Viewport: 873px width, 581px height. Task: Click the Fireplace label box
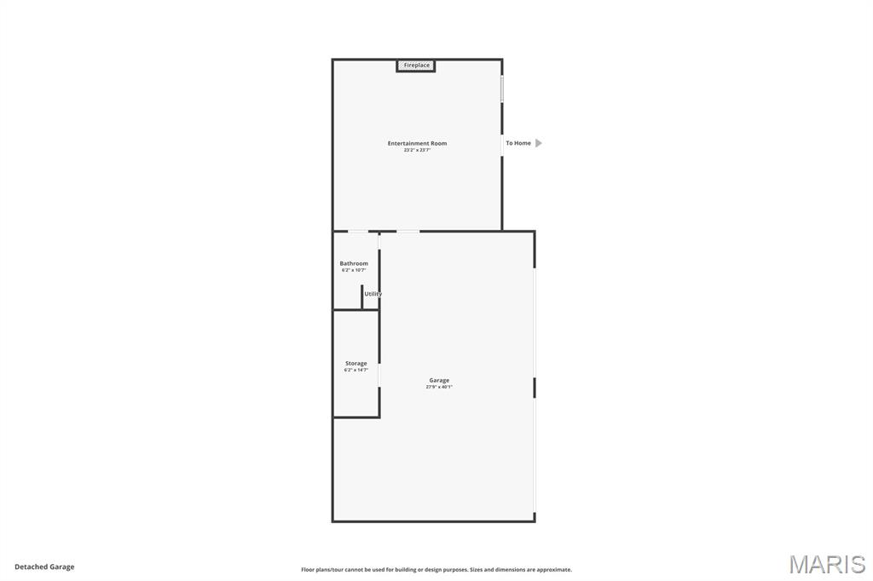click(416, 66)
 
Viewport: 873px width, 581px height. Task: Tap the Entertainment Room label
click(417, 143)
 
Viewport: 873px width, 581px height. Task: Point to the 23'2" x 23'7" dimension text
click(418, 150)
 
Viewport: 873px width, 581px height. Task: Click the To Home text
click(518, 143)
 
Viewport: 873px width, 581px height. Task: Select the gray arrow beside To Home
click(539, 143)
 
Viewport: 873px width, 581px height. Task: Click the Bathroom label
click(354, 263)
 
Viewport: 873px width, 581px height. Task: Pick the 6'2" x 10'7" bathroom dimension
click(354, 270)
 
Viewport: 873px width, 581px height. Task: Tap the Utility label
click(373, 294)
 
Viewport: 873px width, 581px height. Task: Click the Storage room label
click(356, 364)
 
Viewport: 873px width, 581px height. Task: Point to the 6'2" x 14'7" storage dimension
click(356, 370)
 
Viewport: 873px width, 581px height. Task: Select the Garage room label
click(439, 380)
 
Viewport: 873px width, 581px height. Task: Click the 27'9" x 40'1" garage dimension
click(439, 387)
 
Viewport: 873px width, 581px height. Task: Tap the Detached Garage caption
click(44, 567)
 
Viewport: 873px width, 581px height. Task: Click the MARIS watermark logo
click(827, 564)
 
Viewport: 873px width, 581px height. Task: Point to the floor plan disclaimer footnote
click(436, 570)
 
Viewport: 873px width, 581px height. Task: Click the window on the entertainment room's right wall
click(502, 89)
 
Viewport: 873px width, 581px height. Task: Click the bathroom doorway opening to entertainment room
click(359, 231)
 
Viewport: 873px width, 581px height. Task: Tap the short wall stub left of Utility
click(361, 296)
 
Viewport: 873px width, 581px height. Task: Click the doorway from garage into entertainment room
click(408, 231)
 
